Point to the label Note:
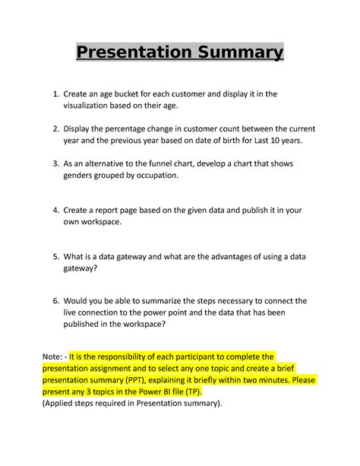point(56,356)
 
